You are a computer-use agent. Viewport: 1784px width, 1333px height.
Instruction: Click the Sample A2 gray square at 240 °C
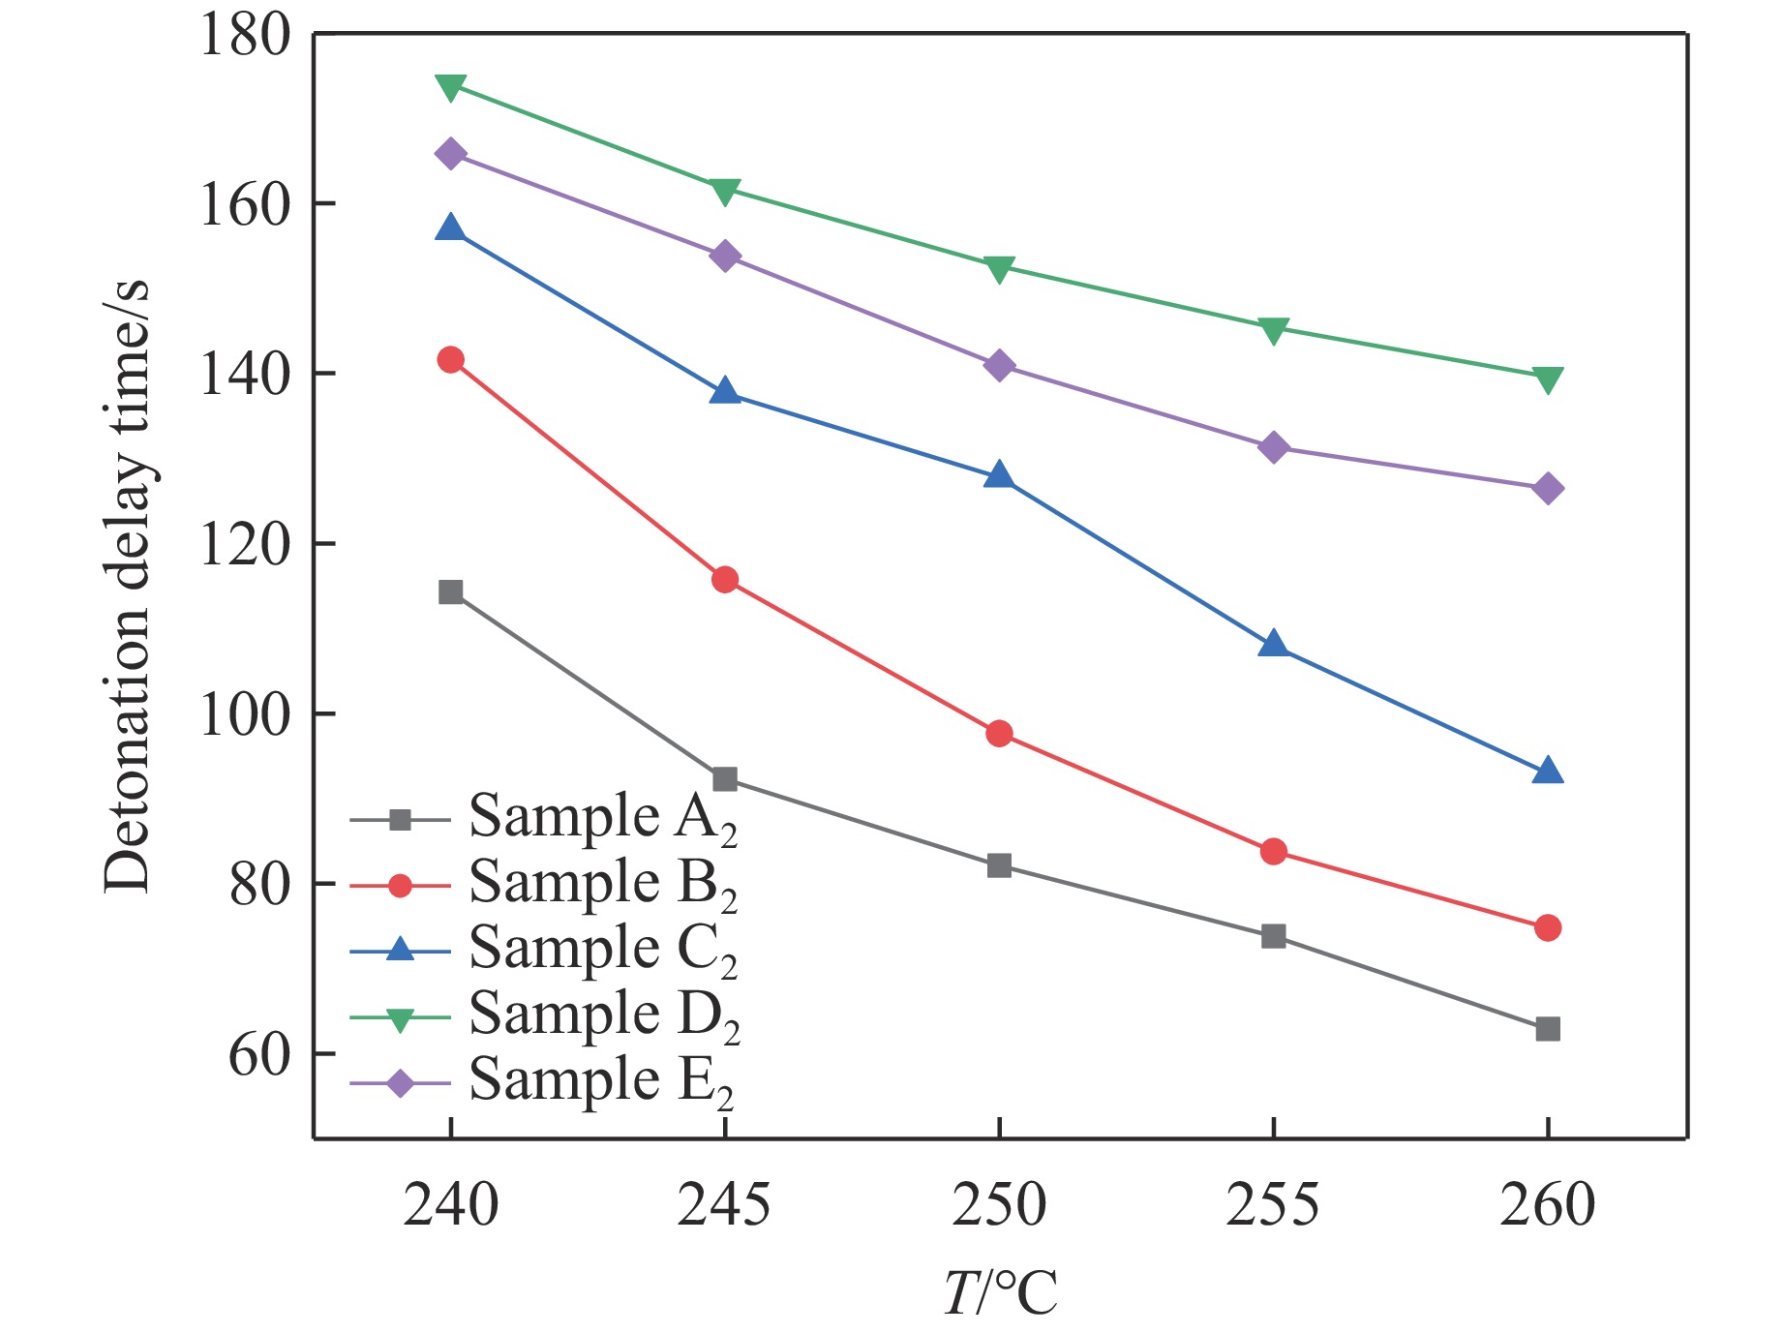(x=450, y=591)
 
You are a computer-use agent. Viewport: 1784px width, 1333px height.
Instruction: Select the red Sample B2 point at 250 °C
(x=999, y=733)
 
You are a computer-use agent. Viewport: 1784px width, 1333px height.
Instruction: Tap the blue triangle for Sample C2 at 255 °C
(x=1274, y=645)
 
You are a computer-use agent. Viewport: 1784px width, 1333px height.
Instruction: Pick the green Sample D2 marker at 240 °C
(x=450, y=86)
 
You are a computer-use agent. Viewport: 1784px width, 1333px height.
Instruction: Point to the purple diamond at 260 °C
(x=1548, y=488)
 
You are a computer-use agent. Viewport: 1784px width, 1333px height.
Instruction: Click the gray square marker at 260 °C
(x=1548, y=1028)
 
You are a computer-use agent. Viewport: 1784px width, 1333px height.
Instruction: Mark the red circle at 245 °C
(x=725, y=580)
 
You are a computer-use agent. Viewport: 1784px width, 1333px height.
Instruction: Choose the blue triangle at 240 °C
(x=450, y=228)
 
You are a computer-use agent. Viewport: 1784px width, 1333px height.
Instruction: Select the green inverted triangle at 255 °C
(x=1274, y=329)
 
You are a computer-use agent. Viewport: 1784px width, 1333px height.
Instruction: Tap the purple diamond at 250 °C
(x=999, y=365)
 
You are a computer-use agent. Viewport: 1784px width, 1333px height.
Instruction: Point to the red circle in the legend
(x=400, y=885)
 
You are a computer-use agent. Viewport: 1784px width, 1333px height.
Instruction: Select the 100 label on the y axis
(x=245, y=715)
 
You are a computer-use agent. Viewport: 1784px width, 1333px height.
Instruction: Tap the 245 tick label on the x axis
(x=724, y=1205)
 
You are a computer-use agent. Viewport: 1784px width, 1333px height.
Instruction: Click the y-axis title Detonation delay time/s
(x=128, y=586)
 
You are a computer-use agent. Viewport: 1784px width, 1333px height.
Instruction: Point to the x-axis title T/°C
(x=1000, y=1292)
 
